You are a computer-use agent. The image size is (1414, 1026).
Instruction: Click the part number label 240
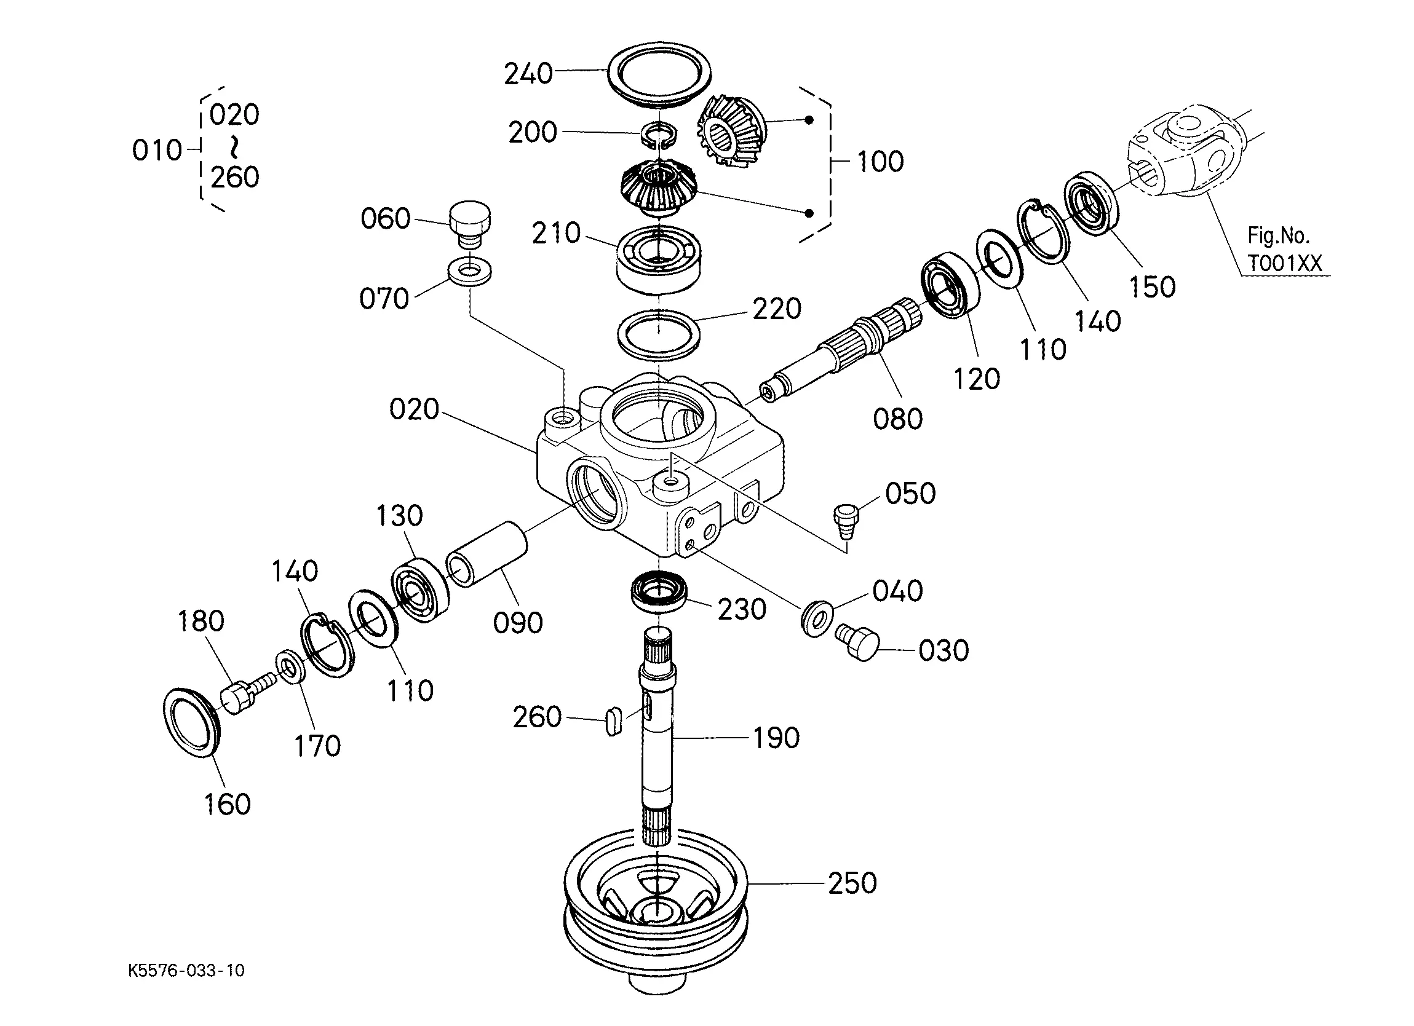tap(528, 74)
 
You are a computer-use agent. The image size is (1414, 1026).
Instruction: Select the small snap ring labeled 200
tap(659, 136)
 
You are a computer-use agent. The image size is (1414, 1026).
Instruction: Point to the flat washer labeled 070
tap(469, 272)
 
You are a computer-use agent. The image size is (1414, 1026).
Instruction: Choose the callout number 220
tap(777, 309)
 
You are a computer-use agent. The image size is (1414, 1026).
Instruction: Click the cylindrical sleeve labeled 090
tap(487, 554)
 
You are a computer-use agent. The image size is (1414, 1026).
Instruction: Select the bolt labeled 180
tap(247, 693)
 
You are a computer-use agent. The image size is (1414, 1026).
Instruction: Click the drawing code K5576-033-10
tap(186, 971)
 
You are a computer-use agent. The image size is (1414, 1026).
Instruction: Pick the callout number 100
tap(880, 162)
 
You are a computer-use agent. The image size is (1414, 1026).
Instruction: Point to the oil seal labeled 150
tap(1090, 203)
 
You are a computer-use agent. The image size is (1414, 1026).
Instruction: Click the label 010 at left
tap(157, 151)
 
